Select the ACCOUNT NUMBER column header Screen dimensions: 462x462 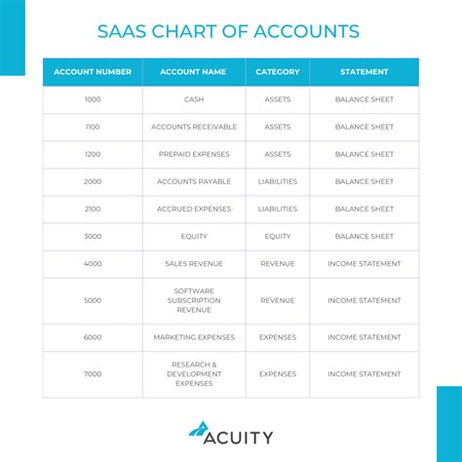(93, 72)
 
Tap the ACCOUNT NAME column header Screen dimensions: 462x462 (194, 72)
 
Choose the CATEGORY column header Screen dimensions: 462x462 (278, 72)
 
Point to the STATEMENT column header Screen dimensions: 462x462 (365, 72)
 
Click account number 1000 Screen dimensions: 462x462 (93, 99)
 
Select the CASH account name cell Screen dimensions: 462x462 (194, 99)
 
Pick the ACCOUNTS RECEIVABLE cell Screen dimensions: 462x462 (194, 127)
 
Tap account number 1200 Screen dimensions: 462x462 (93, 154)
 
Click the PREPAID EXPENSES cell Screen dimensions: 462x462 (194, 154)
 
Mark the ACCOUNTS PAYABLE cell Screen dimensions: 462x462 (194, 181)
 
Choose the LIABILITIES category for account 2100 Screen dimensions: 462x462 (278, 209)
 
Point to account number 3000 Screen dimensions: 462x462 (93, 236)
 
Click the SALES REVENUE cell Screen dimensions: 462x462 (194, 263)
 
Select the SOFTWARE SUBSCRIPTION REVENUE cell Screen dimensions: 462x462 (194, 300)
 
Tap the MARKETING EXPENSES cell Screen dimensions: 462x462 (194, 337)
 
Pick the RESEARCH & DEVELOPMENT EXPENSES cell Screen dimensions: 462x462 (194, 374)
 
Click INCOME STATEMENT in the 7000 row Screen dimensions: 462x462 (365, 374)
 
